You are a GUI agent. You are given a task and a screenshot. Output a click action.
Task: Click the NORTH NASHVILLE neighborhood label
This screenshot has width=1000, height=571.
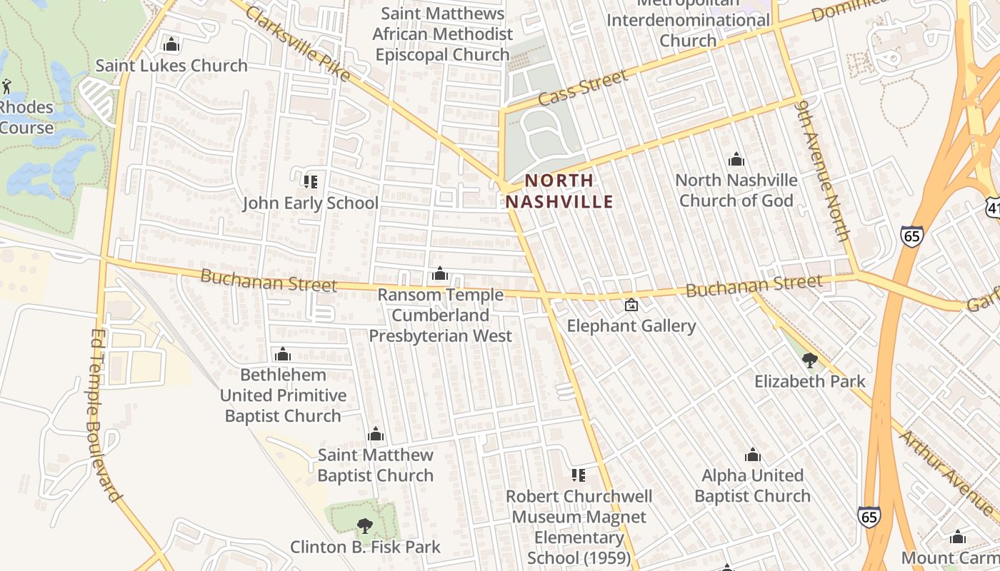[559, 191]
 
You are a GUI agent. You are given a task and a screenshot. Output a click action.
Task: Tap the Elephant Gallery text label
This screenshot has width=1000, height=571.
[631, 326]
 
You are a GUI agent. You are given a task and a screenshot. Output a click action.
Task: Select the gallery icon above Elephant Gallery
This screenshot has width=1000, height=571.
[631, 305]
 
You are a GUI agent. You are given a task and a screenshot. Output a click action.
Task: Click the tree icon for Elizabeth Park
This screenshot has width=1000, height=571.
[809, 360]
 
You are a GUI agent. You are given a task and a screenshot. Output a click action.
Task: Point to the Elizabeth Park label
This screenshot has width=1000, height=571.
[809, 381]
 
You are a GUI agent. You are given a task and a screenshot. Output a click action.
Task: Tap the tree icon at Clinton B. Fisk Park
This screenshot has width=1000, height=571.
[364, 527]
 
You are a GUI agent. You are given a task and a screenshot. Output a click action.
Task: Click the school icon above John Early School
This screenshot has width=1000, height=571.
[310, 182]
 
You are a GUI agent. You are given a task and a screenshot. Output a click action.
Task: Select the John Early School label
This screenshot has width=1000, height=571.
[310, 203]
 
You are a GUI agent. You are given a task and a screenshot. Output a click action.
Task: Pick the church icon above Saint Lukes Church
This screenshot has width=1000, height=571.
[171, 45]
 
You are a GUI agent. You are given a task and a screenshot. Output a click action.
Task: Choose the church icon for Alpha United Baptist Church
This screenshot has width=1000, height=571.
[752, 455]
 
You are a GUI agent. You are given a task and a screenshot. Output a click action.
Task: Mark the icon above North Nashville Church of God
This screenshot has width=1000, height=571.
[736, 159]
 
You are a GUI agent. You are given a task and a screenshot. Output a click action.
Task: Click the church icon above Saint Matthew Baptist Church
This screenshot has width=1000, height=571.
[375, 435]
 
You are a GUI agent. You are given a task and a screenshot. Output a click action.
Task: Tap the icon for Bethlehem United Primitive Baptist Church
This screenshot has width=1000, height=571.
[283, 355]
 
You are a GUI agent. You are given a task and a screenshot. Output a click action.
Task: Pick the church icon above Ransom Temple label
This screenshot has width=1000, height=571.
[440, 274]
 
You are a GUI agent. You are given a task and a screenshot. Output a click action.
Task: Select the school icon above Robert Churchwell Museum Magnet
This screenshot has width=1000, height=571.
[579, 475]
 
